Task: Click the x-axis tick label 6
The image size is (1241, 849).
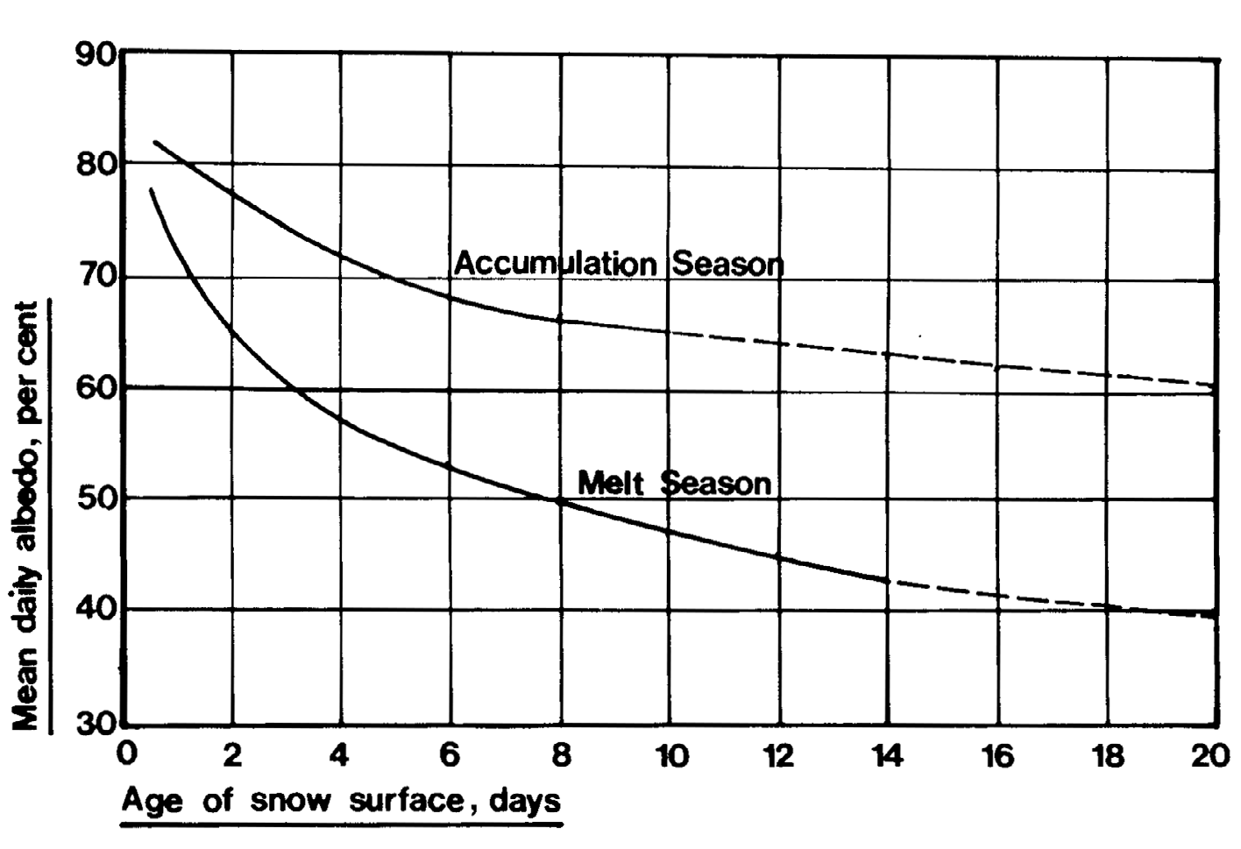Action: pyautogui.click(x=450, y=755)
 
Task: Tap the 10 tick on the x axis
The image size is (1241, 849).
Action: pyautogui.click(x=670, y=755)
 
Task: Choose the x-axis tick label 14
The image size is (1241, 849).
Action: pyautogui.click(x=888, y=755)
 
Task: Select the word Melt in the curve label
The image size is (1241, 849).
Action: pyautogui.click(x=611, y=482)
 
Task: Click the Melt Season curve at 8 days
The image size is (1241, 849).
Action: pyautogui.click(x=559, y=500)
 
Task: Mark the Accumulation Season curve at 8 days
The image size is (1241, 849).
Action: pyautogui.click(x=559, y=321)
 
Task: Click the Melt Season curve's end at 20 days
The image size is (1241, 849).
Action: pyautogui.click(x=1215, y=615)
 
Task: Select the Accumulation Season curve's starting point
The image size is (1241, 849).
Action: pyautogui.click(x=155, y=141)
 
